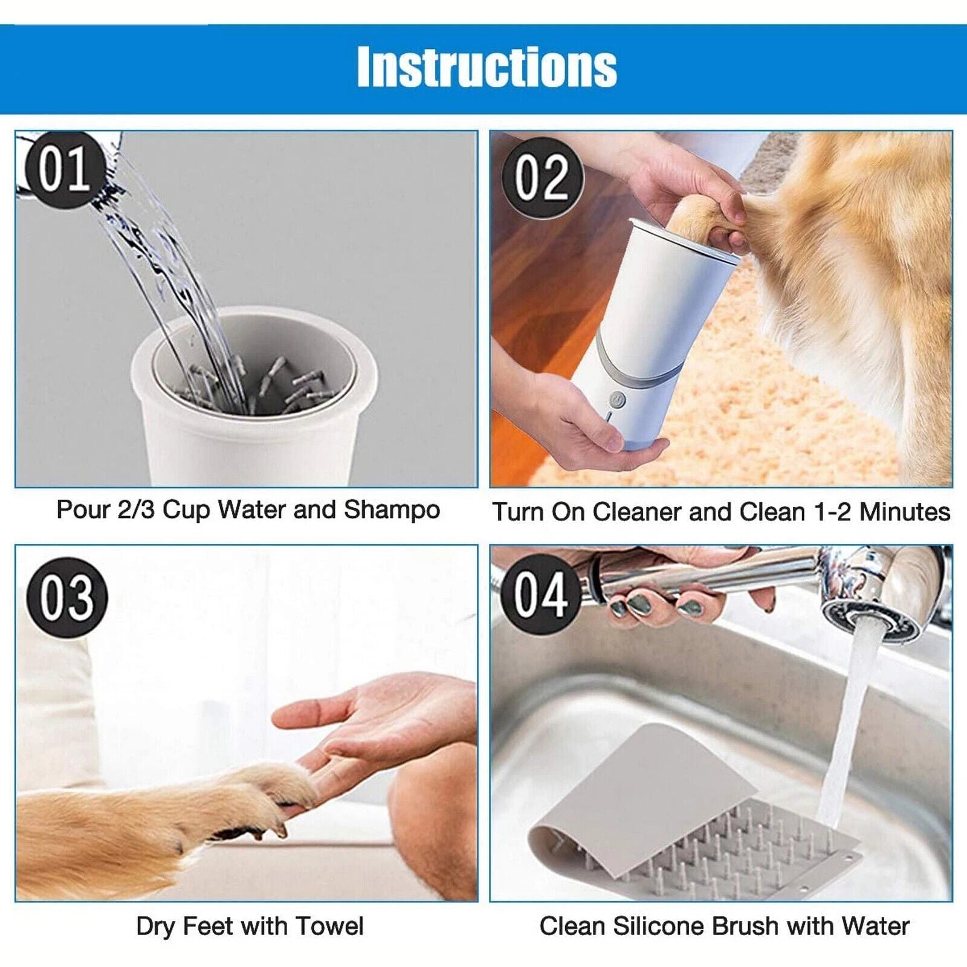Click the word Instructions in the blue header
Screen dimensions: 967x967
click(x=487, y=67)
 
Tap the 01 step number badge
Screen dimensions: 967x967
click(x=63, y=170)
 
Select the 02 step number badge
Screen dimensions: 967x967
click(x=542, y=178)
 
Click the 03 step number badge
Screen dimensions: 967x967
click(x=66, y=598)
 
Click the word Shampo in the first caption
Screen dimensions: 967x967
click(x=391, y=511)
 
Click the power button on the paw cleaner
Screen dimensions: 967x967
click(x=616, y=399)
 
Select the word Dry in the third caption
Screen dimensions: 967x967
click(x=154, y=926)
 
